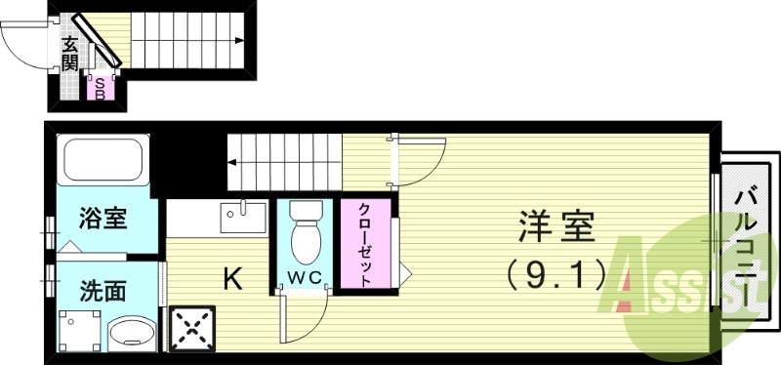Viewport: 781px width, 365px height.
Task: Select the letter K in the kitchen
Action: (232, 280)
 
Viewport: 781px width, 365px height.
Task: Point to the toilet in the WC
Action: (307, 232)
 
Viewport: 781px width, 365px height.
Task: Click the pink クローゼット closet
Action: (364, 245)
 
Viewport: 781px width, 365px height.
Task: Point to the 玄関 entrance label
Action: (70, 54)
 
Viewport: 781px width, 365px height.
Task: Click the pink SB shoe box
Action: (100, 88)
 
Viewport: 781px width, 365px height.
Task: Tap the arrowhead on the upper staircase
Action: (240, 40)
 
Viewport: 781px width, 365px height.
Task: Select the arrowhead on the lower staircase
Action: (234, 162)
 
